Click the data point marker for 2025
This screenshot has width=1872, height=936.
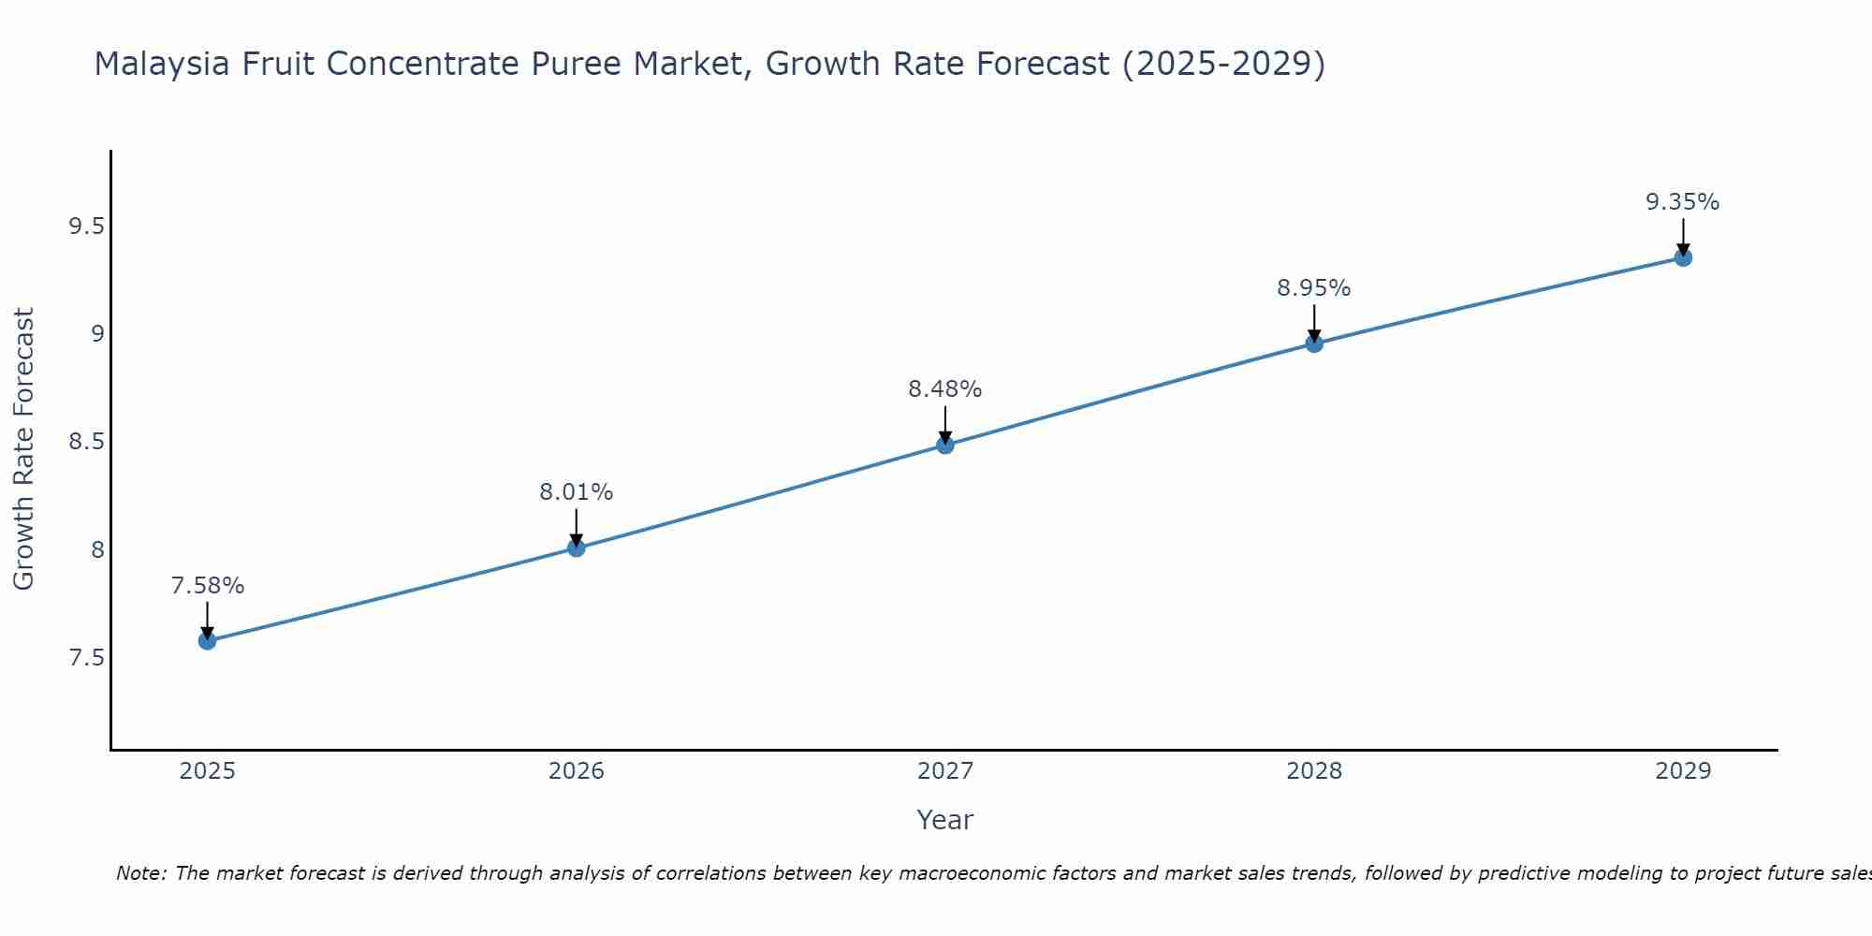coord(207,641)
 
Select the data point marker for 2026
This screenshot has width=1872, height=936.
coord(576,548)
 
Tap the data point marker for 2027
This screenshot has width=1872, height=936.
coord(945,445)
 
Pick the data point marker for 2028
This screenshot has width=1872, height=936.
coord(1314,344)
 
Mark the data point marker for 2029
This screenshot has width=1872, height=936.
coord(1683,257)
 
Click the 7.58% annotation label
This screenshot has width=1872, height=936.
coord(207,586)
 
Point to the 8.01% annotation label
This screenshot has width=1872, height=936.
coord(576,492)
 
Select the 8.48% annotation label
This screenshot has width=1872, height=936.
coord(945,389)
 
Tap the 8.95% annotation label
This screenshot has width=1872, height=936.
coord(1314,288)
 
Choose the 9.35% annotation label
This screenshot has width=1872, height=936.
coord(1683,202)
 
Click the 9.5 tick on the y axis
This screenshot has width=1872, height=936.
coord(86,227)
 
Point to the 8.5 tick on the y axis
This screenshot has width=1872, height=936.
coord(86,442)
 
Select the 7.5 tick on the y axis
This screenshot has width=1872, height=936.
coord(86,658)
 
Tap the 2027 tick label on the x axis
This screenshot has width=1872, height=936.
coord(945,771)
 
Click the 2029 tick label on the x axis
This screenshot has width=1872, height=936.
coord(1683,771)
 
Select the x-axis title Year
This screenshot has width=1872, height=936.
coord(945,820)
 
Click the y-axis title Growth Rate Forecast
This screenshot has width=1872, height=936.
coord(23,449)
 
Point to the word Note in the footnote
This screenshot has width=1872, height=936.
coord(139,873)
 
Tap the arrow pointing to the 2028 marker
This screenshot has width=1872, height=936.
coord(1314,323)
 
